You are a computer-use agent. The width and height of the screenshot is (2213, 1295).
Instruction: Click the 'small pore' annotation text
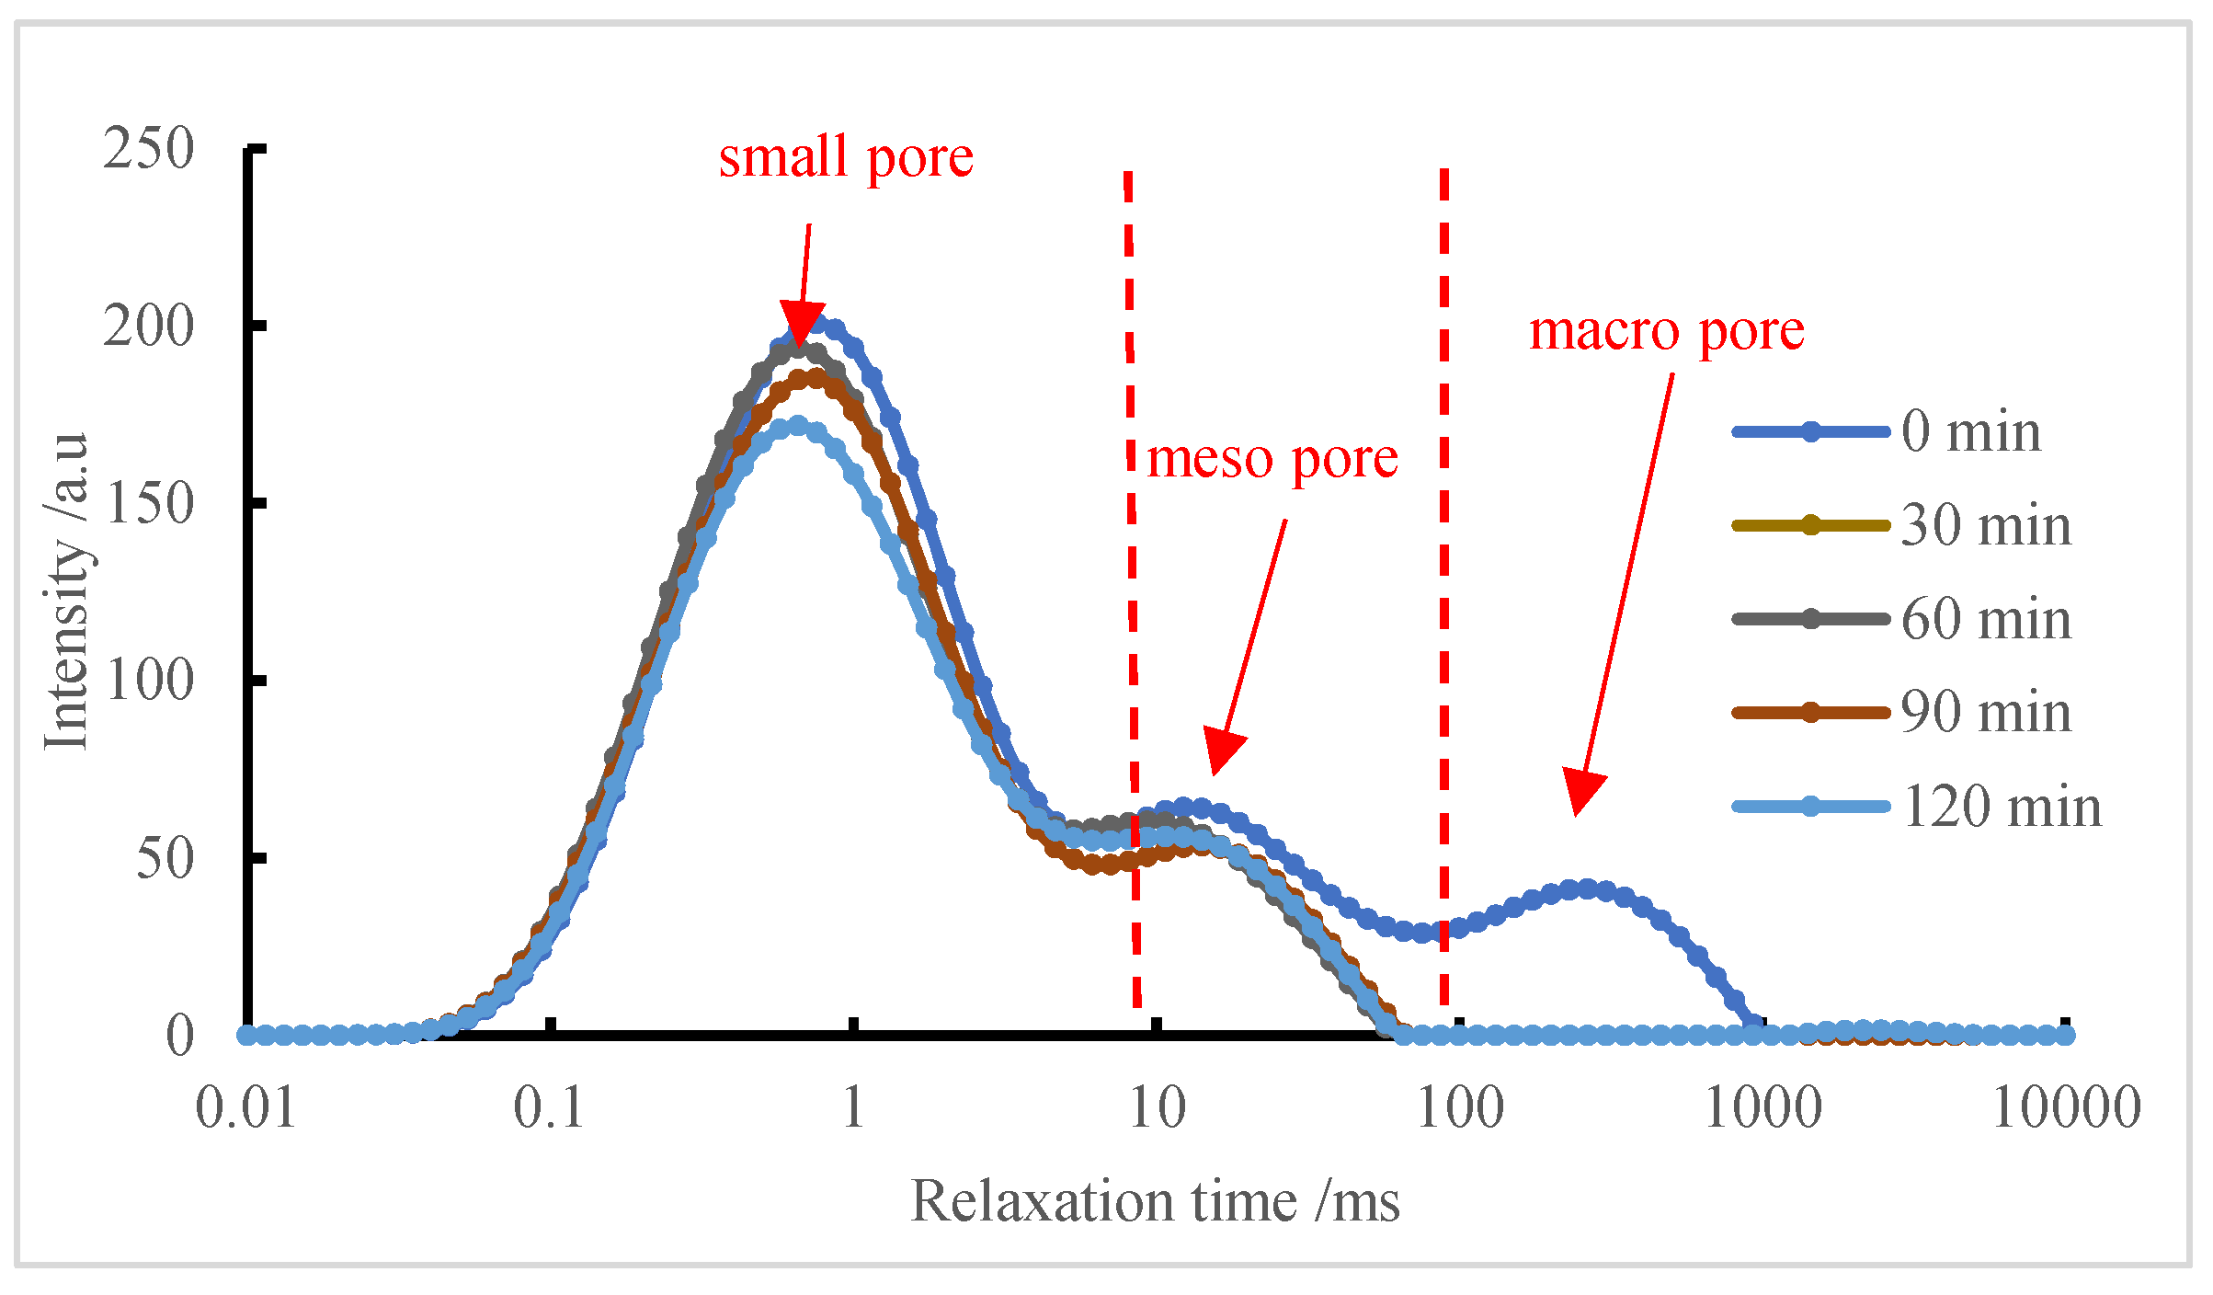(845, 157)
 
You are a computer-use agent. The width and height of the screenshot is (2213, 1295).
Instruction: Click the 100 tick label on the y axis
(148, 681)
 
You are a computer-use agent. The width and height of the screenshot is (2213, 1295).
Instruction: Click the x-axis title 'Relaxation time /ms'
(1155, 1201)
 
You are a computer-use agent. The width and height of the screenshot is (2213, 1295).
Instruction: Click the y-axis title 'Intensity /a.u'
(66, 590)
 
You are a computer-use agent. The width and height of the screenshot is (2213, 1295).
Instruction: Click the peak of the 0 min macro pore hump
(1587, 888)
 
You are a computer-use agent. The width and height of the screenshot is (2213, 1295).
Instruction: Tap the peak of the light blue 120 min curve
(797, 425)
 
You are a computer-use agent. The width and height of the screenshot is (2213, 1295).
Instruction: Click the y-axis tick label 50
(165, 858)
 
